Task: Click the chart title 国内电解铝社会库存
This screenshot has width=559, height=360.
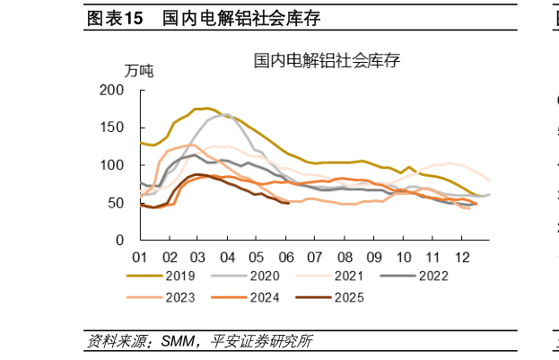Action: [x=327, y=61]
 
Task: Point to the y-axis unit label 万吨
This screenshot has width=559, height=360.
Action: [x=138, y=71]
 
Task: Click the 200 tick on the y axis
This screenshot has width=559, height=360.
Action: [x=112, y=90]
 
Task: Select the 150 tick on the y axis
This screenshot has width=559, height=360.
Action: [x=112, y=127]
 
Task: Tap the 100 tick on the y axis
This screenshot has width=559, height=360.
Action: [x=112, y=165]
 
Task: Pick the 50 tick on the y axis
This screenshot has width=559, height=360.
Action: [x=116, y=203]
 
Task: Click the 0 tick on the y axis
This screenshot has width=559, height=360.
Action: [x=119, y=241]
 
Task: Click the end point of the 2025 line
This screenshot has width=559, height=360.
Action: [x=287, y=203]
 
